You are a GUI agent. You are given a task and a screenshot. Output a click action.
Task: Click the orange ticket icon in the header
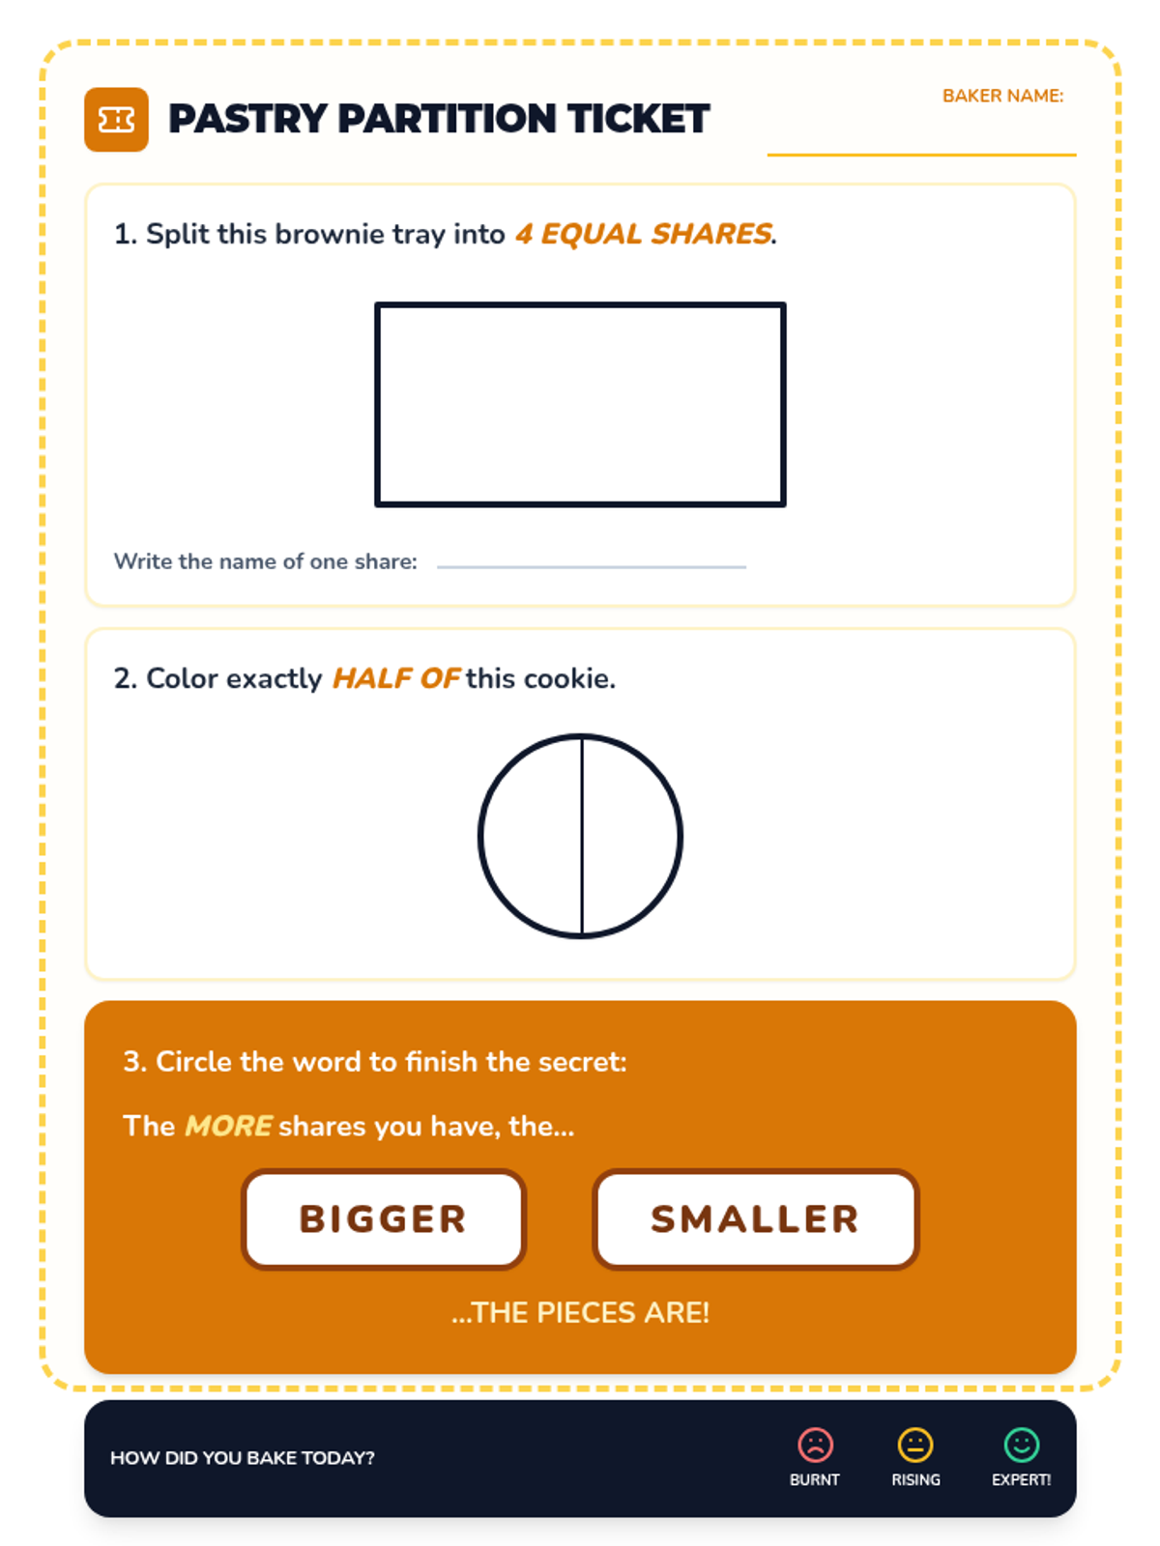(116, 119)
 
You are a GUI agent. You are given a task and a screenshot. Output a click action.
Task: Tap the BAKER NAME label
(1002, 96)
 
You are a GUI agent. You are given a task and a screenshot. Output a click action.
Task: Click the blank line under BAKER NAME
(920, 155)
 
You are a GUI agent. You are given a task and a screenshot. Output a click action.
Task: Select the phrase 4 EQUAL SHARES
(643, 234)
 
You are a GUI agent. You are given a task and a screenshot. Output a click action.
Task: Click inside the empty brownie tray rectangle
(580, 404)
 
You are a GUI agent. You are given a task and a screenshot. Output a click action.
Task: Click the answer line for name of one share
(591, 566)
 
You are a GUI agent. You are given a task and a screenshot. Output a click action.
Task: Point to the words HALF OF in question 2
(396, 678)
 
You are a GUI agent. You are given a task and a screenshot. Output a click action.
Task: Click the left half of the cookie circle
(530, 836)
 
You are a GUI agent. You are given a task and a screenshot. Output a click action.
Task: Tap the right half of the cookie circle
(632, 836)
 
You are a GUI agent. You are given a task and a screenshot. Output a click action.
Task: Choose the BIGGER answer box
(383, 1219)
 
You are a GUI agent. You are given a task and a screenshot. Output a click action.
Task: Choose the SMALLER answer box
(755, 1219)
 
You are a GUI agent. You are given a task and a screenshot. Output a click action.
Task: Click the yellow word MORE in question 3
(227, 1126)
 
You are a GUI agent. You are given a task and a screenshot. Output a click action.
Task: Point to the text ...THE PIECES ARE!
(580, 1312)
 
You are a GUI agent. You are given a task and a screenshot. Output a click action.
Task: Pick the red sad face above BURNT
(815, 1445)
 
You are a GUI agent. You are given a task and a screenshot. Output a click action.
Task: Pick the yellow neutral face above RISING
(914, 1445)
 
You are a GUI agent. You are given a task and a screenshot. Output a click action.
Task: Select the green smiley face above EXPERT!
(1021, 1445)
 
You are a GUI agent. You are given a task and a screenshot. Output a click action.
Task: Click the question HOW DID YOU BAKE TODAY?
(243, 1457)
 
